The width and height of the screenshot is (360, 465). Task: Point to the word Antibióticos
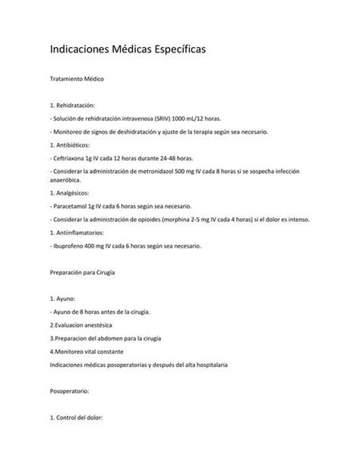point(75,144)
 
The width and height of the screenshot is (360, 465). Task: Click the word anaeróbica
point(68,180)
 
